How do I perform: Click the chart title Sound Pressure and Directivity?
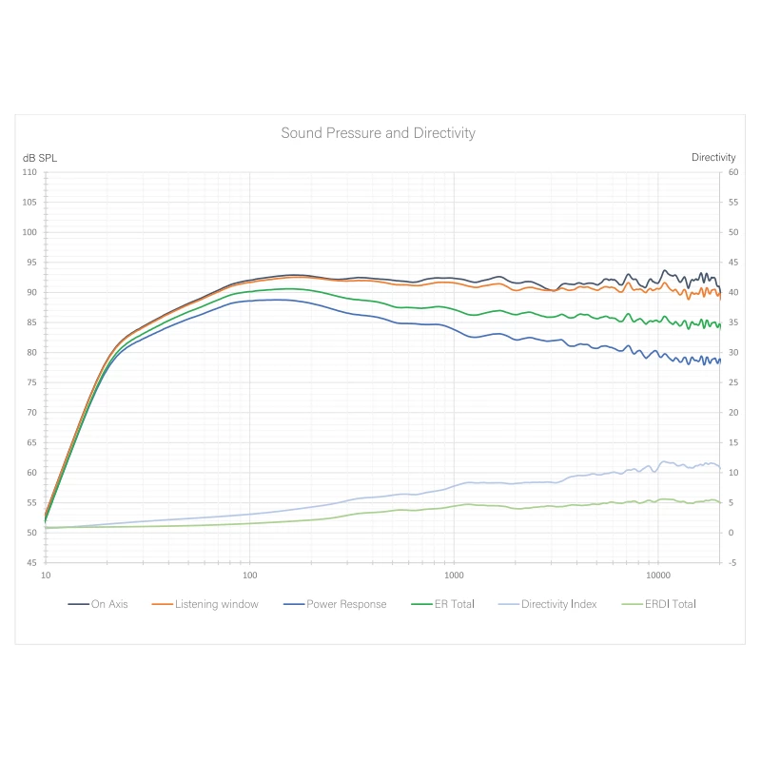pos(378,133)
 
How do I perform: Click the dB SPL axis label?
pos(40,158)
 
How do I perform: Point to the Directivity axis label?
pos(713,158)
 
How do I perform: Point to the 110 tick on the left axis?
pos(29,172)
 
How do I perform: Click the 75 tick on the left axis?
pos(30,383)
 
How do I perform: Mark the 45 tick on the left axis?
pos(30,563)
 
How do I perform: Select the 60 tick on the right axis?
pos(733,172)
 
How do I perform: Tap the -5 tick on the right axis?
pos(732,563)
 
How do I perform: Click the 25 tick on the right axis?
pos(733,383)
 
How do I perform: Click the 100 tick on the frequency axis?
pos(249,576)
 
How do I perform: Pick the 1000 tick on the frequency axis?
pos(454,576)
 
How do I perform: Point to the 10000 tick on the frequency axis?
pos(657,576)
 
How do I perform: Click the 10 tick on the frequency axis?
pos(46,576)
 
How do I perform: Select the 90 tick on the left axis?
pos(30,293)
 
